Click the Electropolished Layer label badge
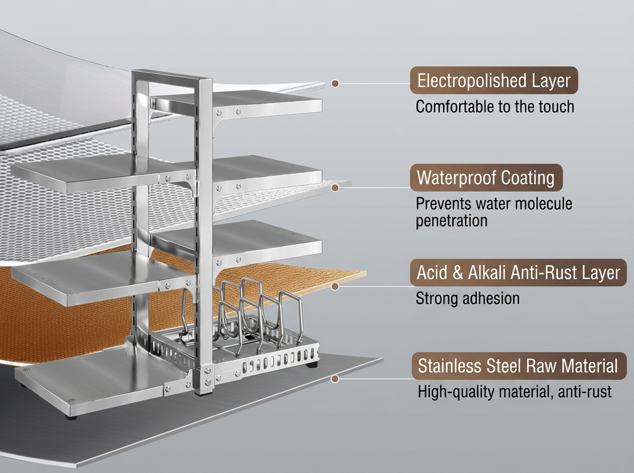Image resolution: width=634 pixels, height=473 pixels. click(494, 80)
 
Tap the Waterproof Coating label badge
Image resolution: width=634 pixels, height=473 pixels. click(486, 177)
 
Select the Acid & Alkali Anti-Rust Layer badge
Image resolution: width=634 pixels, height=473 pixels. click(518, 272)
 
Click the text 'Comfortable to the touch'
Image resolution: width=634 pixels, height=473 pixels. click(495, 107)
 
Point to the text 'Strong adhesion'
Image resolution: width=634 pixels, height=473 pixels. click(468, 298)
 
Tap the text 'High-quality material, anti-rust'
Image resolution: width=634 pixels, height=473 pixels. click(514, 391)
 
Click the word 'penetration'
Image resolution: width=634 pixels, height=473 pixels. click(452, 221)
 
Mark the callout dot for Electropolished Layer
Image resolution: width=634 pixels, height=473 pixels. click(335, 84)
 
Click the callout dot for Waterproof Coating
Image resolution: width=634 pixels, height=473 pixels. click(335, 188)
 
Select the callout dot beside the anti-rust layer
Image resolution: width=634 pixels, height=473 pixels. click(335, 286)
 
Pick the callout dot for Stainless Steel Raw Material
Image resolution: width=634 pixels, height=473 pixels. click(335, 379)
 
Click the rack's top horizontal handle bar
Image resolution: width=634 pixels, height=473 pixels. click(172, 77)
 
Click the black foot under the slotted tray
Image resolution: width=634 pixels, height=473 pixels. click(312, 365)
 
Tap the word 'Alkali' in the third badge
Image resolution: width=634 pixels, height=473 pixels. click(487, 272)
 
